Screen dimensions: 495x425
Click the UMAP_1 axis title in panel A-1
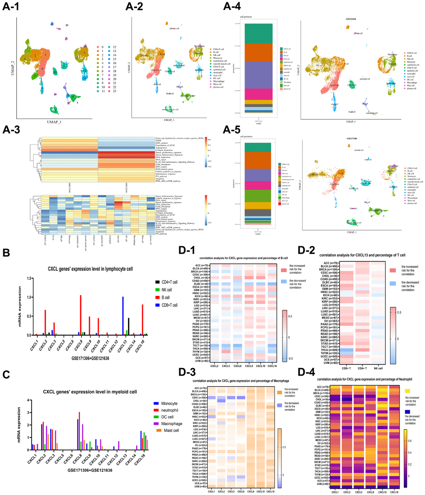[x=55, y=121]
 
